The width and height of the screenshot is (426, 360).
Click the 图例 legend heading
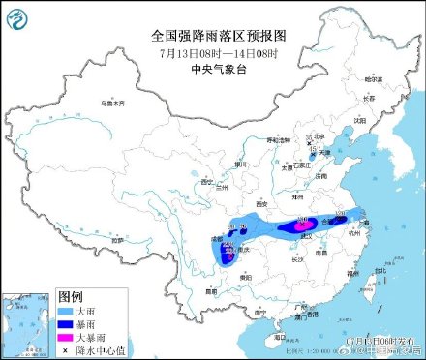coord(70,296)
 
